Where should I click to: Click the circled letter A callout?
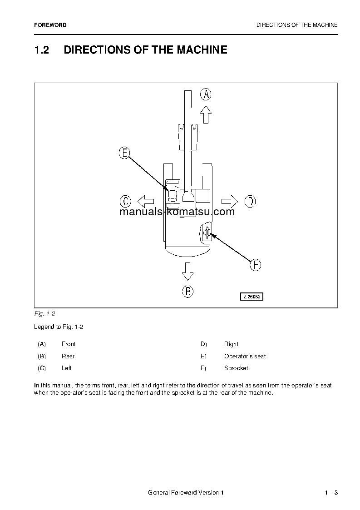tap(206, 94)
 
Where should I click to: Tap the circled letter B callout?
tap(188, 291)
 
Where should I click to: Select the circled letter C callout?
tap(125, 201)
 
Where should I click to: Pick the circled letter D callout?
tap(250, 201)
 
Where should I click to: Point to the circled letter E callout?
tap(124, 153)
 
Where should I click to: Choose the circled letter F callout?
tap(256, 265)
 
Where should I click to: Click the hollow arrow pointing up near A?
tap(206, 114)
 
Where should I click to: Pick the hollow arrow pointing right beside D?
tap(230, 201)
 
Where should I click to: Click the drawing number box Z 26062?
tap(252, 297)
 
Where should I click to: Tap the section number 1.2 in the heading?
tap(41, 50)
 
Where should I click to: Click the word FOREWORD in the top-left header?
tap(50, 25)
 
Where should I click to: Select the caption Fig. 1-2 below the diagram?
tap(44, 314)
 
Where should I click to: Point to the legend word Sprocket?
tap(236, 368)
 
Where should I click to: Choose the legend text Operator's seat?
tap(245, 356)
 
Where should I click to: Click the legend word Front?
tap(69, 344)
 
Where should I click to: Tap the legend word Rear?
tap(68, 356)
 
